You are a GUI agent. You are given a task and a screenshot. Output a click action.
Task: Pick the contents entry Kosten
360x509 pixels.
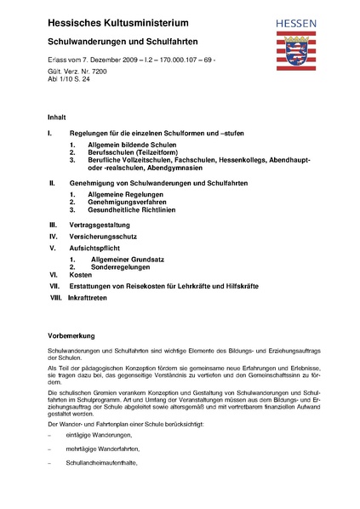point(82,276)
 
